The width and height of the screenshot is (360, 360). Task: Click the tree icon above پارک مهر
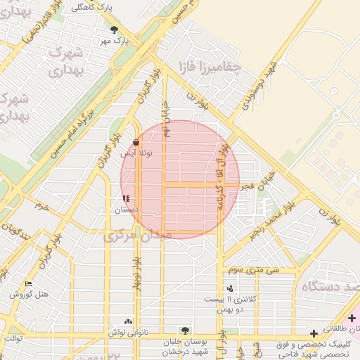coord(114,30)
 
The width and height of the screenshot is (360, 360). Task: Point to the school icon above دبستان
coord(126,199)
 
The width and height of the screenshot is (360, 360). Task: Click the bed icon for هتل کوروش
coord(28,283)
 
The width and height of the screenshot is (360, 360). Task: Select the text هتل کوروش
coord(30,294)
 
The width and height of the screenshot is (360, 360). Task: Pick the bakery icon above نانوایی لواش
coord(127,321)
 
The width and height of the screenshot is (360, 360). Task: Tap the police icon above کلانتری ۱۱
coord(230,288)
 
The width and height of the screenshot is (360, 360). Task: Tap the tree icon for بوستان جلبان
coord(184,329)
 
